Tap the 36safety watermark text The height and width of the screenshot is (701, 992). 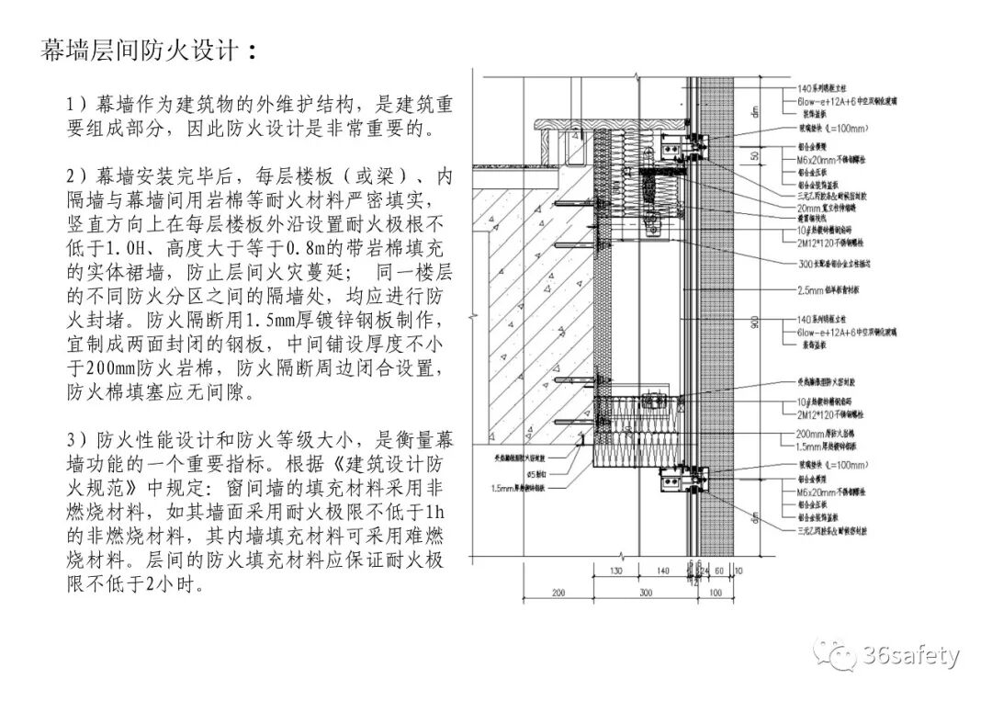(x=909, y=655)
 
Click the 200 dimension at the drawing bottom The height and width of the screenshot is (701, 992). (x=558, y=593)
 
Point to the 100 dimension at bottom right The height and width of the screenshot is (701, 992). (x=716, y=593)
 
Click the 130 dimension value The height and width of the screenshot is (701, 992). (x=616, y=571)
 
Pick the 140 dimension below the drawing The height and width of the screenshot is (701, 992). (x=661, y=571)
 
